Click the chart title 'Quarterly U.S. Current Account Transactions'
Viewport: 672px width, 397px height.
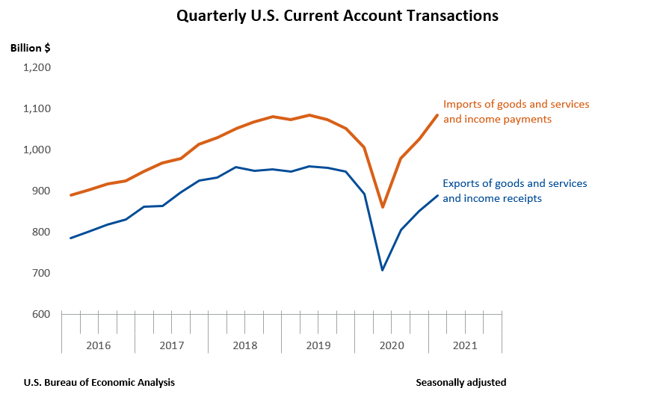tap(336, 16)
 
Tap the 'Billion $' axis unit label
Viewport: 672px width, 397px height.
tap(31, 48)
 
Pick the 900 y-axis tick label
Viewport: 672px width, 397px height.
tap(40, 191)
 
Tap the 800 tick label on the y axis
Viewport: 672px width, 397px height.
tap(40, 233)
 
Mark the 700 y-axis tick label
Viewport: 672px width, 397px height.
tap(40, 274)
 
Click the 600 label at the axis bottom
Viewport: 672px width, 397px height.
tap(40, 315)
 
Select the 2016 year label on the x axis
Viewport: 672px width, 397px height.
tap(98, 345)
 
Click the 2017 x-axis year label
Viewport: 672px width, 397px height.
tap(171, 345)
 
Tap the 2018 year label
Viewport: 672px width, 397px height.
tap(244, 345)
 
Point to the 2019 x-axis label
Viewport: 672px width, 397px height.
tap(318, 345)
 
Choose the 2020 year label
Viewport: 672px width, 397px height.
tap(391, 345)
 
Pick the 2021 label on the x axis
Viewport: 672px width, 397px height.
tap(464, 345)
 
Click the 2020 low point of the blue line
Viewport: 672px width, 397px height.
tap(383, 270)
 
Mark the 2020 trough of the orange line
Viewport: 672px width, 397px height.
tap(383, 207)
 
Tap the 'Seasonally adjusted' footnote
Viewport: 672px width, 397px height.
tap(460, 382)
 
